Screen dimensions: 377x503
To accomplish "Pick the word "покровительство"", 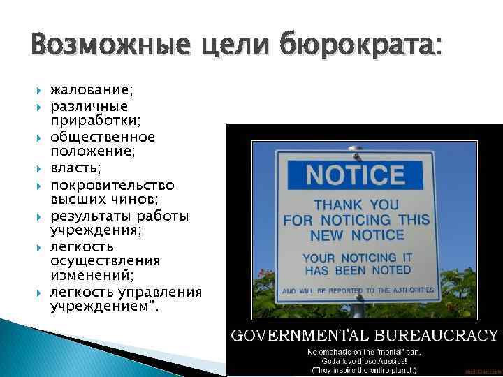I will tap(112, 185).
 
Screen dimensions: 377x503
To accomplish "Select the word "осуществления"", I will tap(105, 260).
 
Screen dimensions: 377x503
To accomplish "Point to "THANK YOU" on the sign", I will tap(355, 205).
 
